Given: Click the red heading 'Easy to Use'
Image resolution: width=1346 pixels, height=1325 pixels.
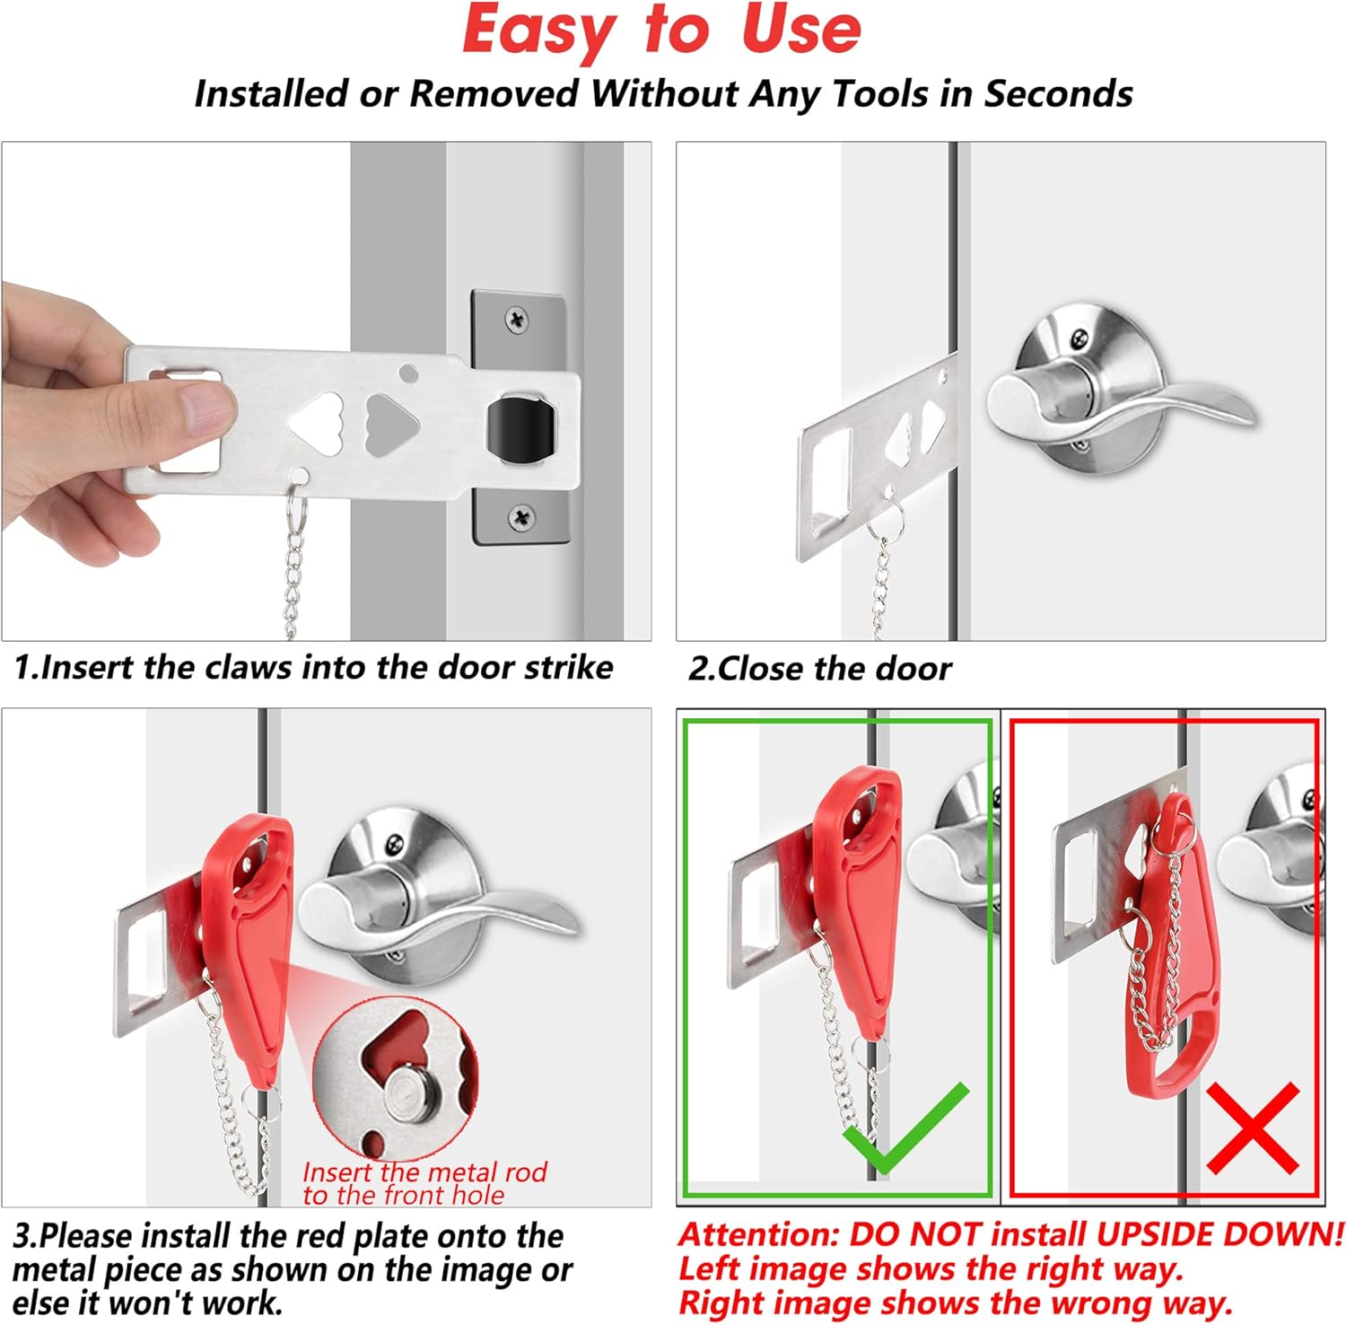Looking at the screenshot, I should (662, 31).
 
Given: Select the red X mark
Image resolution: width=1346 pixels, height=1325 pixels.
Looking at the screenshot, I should (1253, 1128).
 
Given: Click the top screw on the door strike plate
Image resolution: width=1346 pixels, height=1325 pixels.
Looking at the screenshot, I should (517, 319).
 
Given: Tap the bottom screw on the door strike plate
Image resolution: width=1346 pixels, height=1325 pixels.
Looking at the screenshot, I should (520, 517).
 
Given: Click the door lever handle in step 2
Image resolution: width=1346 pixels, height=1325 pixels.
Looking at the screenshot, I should (1122, 400).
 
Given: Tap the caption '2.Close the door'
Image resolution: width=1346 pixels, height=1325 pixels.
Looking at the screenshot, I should (819, 669).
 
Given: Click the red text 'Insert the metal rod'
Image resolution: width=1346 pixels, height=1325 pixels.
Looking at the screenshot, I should (424, 1172).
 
